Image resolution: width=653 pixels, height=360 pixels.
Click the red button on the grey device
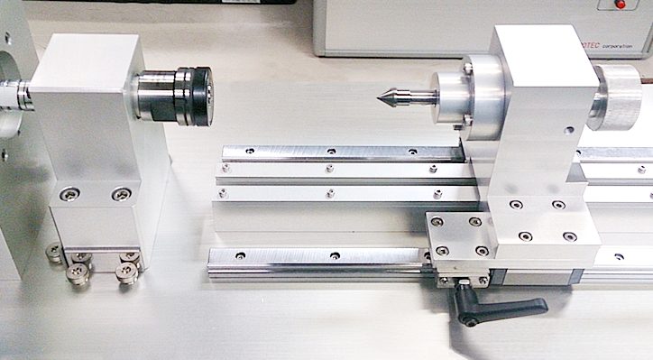pyautogui.click(x=620, y=5)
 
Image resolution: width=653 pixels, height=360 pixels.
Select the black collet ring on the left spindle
pyautogui.click(x=195, y=96)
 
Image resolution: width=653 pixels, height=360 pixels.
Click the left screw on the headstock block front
pyautogui.click(x=70, y=194)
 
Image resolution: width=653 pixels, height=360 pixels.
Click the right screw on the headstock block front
pyautogui.click(x=120, y=194)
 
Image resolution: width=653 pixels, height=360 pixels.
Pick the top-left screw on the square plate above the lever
pyautogui.click(x=437, y=222)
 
